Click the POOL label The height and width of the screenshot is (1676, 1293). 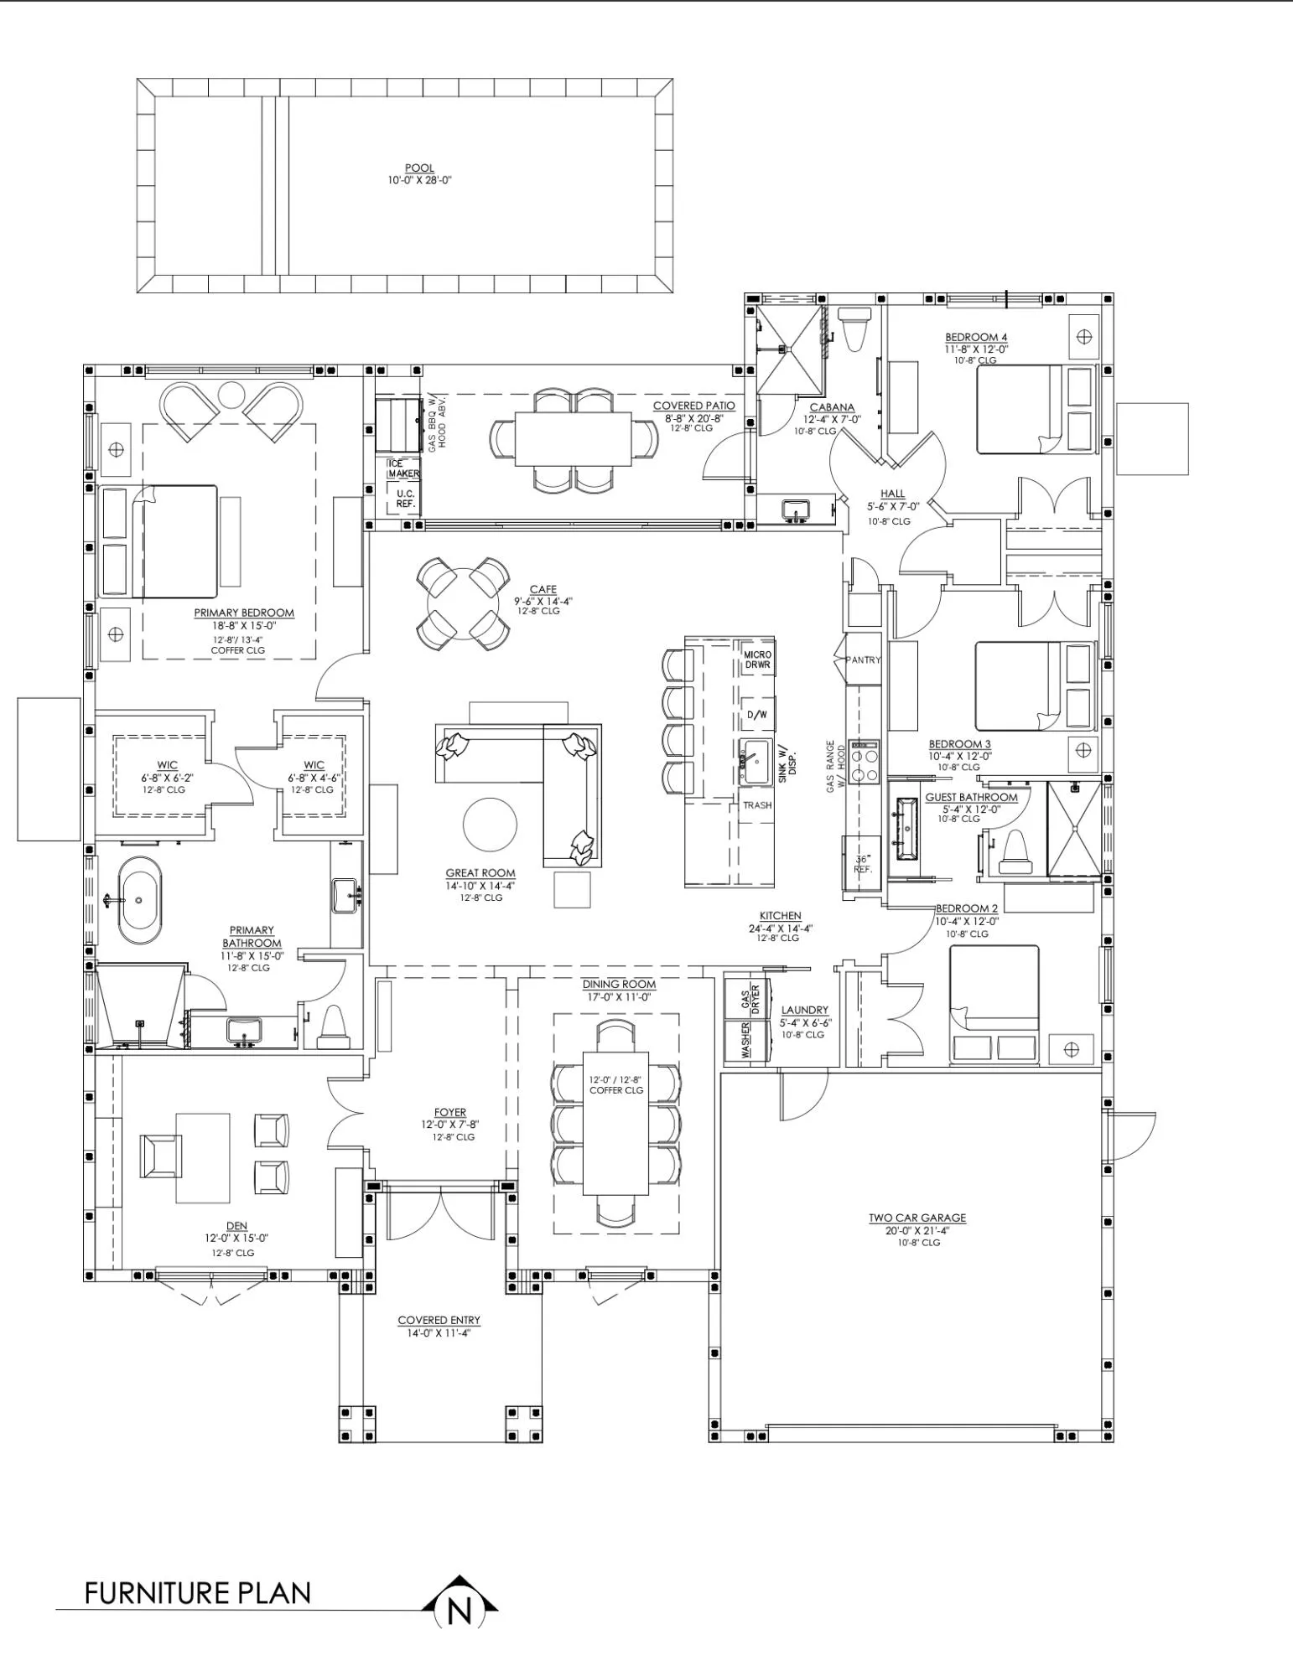click(419, 168)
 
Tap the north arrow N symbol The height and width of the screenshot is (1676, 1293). click(459, 1610)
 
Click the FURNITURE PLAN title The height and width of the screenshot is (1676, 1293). click(198, 1592)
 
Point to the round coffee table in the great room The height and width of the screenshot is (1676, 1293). click(490, 825)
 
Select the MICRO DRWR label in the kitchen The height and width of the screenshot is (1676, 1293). click(757, 660)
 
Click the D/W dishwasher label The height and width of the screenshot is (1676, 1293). click(756, 715)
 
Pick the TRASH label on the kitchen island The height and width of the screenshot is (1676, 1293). click(757, 805)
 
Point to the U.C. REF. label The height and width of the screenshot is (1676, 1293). click(406, 499)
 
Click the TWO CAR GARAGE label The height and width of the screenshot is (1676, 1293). click(917, 1218)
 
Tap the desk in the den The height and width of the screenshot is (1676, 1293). click(203, 1157)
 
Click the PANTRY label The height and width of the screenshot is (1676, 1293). click(864, 660)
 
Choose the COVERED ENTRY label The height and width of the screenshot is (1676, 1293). click(439, 1320)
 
